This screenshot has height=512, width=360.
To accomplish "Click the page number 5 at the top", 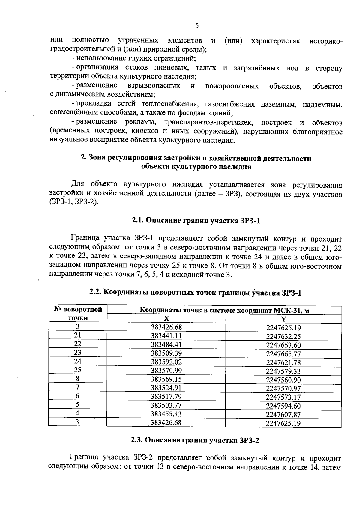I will point(197,26).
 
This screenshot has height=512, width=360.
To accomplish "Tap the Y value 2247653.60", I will point(283,345).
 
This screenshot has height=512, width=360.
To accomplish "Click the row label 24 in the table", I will point(78,361).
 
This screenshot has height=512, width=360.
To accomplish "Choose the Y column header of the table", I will point(283,319).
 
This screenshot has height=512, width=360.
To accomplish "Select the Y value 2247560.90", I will point(283,380).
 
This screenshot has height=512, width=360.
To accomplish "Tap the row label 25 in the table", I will point(78,370).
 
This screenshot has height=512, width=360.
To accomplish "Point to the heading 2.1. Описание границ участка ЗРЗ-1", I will point(196,221).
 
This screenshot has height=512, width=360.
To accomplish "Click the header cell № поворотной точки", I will point(78,314).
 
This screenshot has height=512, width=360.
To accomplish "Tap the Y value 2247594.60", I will point(283,406).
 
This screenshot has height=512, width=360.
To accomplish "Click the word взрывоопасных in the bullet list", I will point(154,86).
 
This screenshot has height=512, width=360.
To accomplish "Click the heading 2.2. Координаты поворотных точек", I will point(195,293).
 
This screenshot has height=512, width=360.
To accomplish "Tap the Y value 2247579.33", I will point(283,371).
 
